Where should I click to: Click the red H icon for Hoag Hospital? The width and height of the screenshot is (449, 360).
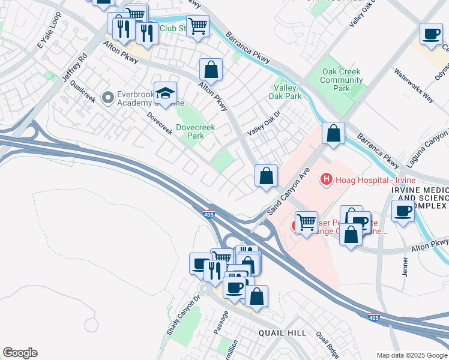tap(327, 178)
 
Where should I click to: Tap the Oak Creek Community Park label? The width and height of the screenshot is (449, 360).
tap(341, 80)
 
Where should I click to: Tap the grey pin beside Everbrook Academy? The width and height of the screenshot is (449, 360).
tap(108, 97)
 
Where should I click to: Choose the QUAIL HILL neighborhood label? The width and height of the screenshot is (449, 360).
tap(282, 333)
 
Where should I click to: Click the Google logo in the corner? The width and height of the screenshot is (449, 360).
tap(20, 353)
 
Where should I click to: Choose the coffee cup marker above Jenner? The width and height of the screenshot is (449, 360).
tap(402, 211)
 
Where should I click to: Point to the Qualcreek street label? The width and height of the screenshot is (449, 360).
tap(83, 92)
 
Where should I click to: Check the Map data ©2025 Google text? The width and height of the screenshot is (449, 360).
tap(412, 355)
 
